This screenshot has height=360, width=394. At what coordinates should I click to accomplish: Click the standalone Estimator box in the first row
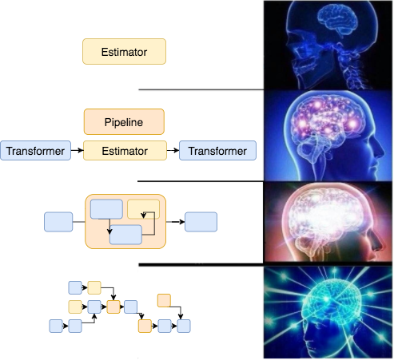tap(124, 51)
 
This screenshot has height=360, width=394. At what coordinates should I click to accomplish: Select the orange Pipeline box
tap(124, 121)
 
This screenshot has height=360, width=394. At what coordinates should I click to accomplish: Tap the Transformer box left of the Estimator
tap(36, 151)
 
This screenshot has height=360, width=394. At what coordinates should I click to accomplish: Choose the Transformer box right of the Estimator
tap(217, 151)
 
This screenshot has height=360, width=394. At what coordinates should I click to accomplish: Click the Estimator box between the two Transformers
tap(125, 151)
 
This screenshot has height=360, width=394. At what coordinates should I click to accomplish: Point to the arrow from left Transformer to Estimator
tap(78, 150)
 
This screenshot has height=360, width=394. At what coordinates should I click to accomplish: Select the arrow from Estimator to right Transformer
tap(173, 150)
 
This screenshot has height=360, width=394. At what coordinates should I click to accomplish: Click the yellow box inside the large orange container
tap(144, 209)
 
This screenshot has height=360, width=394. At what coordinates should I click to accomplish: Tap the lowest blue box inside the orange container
tap(125, 235)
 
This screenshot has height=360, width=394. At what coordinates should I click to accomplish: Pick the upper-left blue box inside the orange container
tap(106, 209)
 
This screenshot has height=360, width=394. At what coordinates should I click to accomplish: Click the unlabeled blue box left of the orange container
tap(58, 222)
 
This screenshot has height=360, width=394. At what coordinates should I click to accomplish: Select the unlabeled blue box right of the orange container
tap(201, 222)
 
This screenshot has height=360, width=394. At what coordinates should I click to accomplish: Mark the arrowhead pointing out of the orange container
tap(182, 222)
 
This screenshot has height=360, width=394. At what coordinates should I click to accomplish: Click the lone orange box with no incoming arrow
tap(164, 300)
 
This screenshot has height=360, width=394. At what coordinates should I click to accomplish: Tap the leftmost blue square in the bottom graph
tap(56, 326)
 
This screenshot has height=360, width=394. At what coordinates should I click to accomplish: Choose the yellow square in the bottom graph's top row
tap(94, 287)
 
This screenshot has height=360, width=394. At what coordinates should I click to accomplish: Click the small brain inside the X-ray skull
tap(337, 20)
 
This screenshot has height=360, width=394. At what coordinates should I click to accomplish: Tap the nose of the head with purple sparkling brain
tap(379, 151)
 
